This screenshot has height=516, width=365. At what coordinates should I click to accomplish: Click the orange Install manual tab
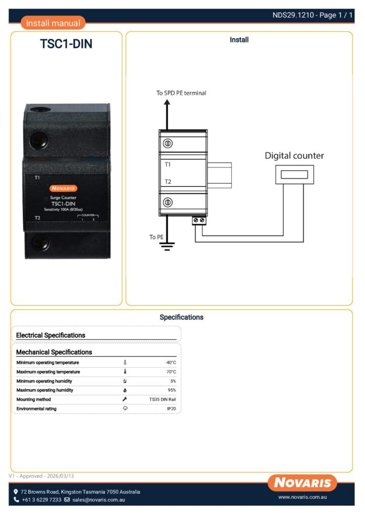(53, 23)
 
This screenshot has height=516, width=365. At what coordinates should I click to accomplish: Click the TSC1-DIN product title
(66, 44)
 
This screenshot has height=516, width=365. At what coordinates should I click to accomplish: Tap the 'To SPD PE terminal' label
(181, 93)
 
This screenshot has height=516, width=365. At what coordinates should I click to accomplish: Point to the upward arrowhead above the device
(167, 101)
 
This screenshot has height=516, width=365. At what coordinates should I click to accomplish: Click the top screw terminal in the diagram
(168, 144)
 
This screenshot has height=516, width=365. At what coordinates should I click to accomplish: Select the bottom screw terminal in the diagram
(168, 203)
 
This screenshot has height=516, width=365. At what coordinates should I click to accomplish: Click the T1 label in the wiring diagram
(168, 164)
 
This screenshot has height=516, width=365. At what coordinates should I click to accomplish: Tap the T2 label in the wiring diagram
(168, 181)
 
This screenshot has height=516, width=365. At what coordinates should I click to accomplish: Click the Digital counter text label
(294, 156)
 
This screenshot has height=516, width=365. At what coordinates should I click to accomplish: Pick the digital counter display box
(294, 174)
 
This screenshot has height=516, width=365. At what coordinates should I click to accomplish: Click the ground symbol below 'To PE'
(167, 245)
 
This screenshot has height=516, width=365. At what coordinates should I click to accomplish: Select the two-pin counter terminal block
(199, 221)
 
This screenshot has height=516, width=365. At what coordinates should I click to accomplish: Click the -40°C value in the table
(170, 362)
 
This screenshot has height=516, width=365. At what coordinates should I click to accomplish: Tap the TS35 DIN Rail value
(162, 399)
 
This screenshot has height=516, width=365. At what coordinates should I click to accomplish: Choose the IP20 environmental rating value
(171, 409)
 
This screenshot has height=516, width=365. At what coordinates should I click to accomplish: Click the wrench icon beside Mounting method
(125, 399)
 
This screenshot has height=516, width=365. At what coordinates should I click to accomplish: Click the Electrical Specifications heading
(50, 335)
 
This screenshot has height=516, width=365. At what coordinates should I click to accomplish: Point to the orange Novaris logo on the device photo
(63, 188)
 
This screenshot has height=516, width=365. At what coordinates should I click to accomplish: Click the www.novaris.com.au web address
(303, 497)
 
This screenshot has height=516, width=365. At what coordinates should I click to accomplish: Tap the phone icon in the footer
(17, 500)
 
